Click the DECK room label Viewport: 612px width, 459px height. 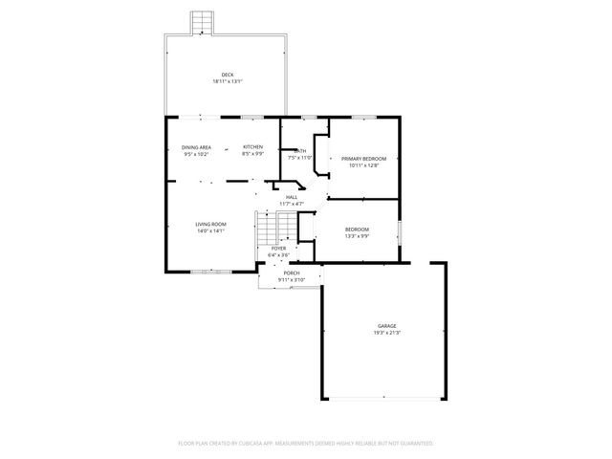[x=227, y=75]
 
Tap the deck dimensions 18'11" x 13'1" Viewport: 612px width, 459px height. [x=227, y=81]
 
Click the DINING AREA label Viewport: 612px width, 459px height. [x=196, y=147]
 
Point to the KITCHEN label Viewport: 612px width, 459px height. [x=252, y=147]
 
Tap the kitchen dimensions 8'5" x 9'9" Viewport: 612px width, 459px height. [x=252, y=154]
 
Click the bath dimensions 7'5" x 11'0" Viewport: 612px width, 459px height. [x=300, y=157]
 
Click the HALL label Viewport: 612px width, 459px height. [x=292, y=197]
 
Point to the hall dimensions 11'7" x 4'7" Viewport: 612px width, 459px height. [x=292, y=204]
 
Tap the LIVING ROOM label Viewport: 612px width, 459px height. [x=211, y=224]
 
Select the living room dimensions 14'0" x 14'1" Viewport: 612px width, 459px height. [x=211, y=230]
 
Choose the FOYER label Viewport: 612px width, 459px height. [x=278, y=249]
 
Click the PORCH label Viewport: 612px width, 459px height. [x=291, y=273]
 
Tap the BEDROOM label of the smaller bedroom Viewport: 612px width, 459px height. [x=357, y=229]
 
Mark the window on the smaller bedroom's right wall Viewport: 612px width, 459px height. [x=400, y=230]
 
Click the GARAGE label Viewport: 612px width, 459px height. [x=386, y=326]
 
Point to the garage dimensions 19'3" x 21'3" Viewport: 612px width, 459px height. [x=386, y=333]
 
